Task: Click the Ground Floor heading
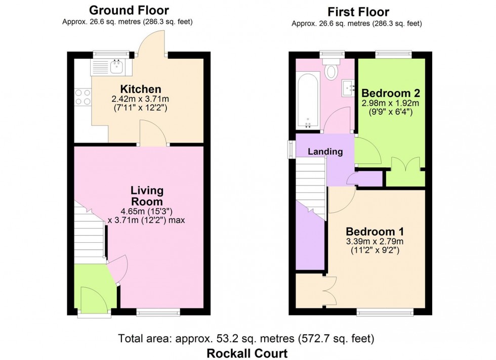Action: pos(129,10)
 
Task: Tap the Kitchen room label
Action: pos(130,89)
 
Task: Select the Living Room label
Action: pos(147,196)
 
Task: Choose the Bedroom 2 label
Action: pos(390,93)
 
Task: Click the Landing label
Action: pos(325,151)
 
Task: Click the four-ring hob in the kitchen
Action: pos(82,97)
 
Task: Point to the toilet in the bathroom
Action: pos(332,70)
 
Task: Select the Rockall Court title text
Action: pos(247,353)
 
